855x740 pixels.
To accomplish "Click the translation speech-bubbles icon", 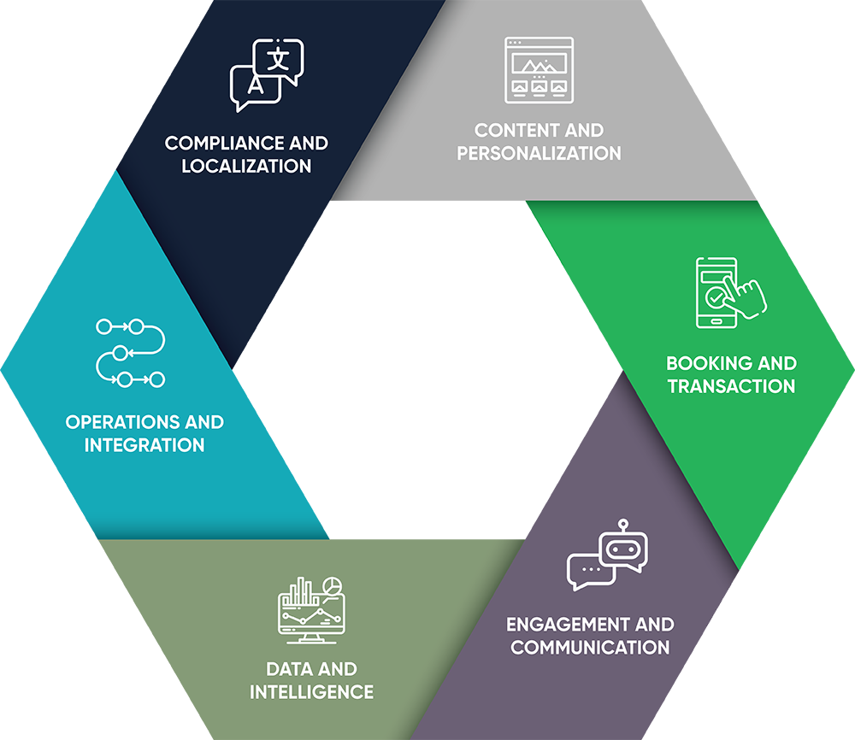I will (x=267, y=75).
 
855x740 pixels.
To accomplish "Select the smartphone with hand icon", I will (x=729, y=292).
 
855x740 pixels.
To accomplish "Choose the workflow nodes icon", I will (x=130, y=352).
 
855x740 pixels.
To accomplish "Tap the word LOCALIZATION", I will (x=246, y=166).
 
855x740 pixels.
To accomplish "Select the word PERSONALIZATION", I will (x=539, y=154).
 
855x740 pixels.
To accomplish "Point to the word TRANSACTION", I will (x=731, y=386).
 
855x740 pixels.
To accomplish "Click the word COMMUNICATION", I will (x=590, y=647).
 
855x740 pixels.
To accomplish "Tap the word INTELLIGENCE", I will (x=311, y=691).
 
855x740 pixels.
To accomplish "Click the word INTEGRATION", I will (x=144, y=445).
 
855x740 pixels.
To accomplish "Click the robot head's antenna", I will (x=622, y=523).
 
